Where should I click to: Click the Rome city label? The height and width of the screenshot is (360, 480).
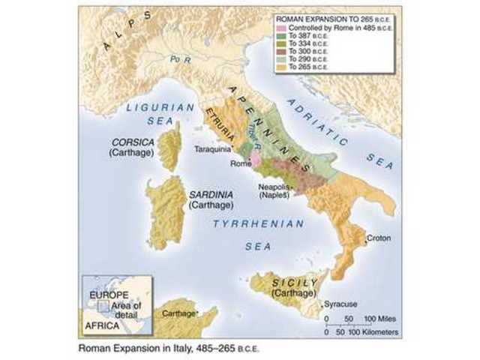tap(240, 163)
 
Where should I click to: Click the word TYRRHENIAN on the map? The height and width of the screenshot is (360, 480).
tap(259, 223)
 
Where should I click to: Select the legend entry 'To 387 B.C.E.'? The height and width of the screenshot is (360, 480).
tap(301, 35)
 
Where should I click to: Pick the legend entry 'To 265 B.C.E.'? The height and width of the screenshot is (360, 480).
tap(301, 65)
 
